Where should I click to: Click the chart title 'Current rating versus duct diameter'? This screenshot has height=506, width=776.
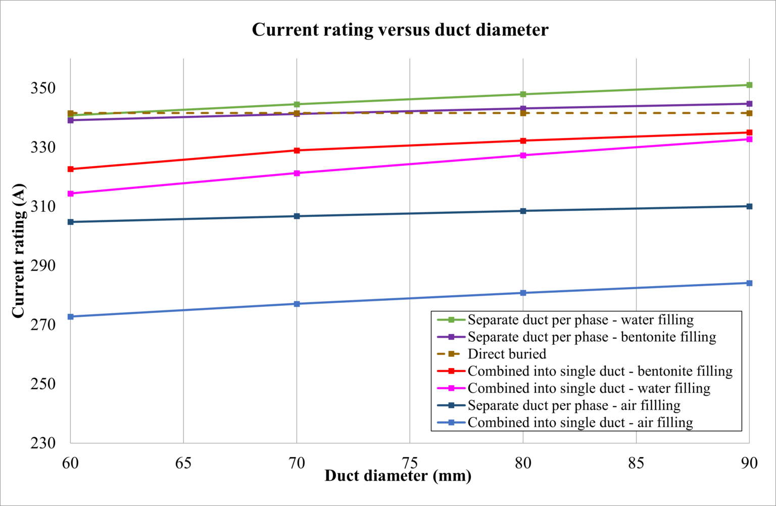pos(400,30)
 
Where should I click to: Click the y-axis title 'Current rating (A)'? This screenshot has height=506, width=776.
pos(19,251)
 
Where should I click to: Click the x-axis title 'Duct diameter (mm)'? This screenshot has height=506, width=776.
pos(398,476)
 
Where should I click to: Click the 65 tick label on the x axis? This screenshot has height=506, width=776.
pos(183,463)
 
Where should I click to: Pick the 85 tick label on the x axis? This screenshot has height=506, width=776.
pos(636,463)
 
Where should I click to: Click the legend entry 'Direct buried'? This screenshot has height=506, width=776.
pos(507,354)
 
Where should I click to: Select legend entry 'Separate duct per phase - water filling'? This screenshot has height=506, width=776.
pos(580,320)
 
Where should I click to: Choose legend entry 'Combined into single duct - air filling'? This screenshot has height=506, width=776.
pos(580,423)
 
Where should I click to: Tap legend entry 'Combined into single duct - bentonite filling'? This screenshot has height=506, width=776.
pos(600,371)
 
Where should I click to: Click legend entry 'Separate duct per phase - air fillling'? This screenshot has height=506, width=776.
pos(574,405)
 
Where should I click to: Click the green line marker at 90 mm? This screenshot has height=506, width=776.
pos(749,85)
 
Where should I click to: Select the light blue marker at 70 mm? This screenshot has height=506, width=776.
pos(297,304)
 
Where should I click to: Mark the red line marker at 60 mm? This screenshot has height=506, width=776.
pos(71,169)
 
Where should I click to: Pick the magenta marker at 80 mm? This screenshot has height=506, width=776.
pos(523,155)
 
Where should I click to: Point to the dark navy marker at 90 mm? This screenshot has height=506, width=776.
pos(749,206)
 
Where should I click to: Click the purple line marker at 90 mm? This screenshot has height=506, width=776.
pos(749,104)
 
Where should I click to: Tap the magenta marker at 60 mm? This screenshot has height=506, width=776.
pos(71,194)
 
